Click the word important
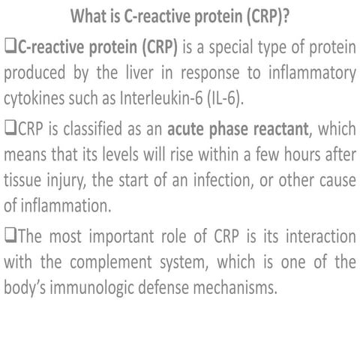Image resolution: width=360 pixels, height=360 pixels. click(118, 235)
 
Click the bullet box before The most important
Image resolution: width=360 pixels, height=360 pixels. click(10, 235)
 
